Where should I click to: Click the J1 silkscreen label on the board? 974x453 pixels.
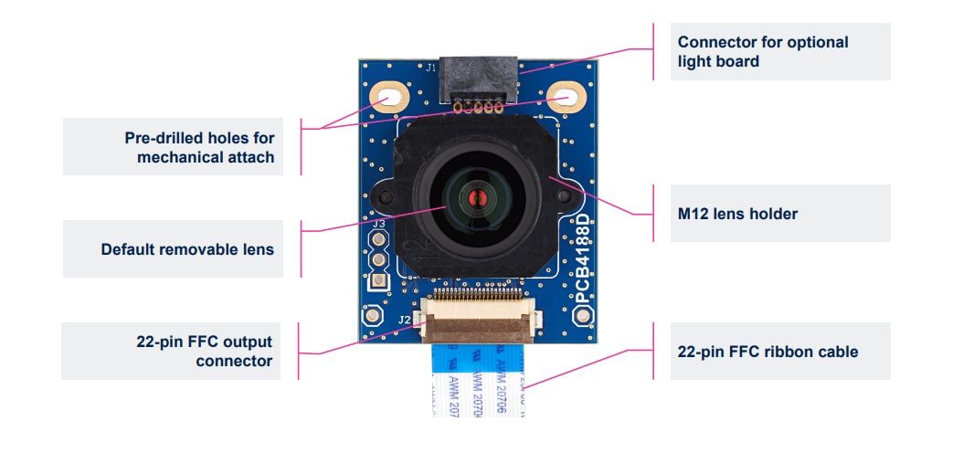(432, 67)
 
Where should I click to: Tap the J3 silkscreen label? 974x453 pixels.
(377, 224)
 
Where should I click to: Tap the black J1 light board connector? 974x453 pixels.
(479, 79)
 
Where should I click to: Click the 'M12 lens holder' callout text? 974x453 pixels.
(737, 214)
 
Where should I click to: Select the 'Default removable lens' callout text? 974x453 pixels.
(187, 249)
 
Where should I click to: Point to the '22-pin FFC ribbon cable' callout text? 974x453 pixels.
(768, 352)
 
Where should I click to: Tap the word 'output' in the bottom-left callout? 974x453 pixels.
(248, 342)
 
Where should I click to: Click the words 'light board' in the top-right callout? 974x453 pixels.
(718, 61)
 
